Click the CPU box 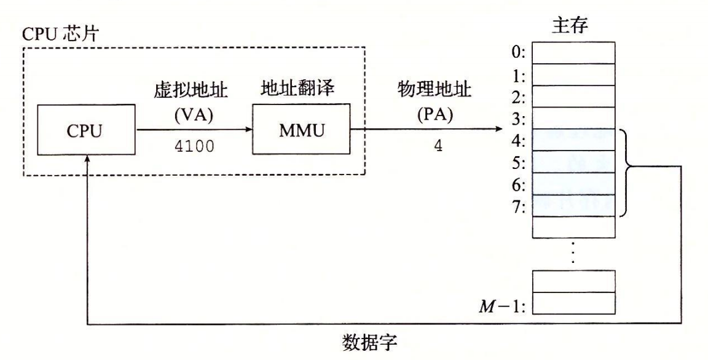tap(87, 130)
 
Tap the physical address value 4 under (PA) tap(438, 148)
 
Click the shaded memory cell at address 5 tap(573, 162)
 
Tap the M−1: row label tap(503, 303)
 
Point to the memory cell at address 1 tap(573, 75)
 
